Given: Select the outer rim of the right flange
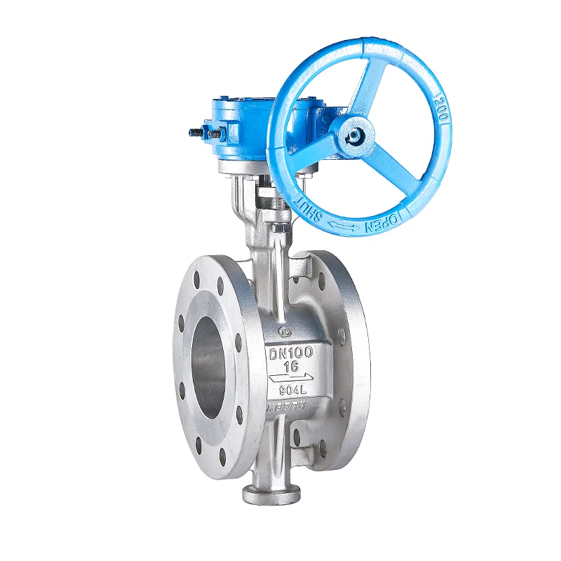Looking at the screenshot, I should [x=362, y=365].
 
